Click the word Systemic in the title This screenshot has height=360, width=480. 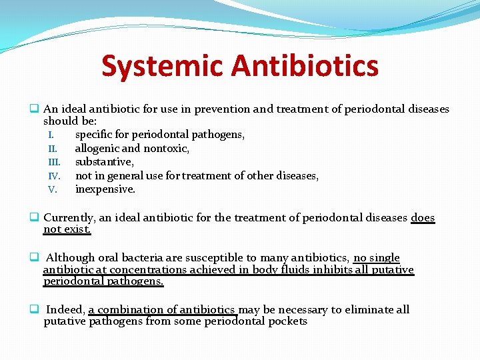click(x=162, y=66)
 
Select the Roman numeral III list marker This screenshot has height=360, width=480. click(x=54, y=162)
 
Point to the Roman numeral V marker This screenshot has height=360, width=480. click(x=53, y=189)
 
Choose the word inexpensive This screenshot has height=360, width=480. click(x=105, y=189)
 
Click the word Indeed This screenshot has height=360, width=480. click(x=65, y=309)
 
